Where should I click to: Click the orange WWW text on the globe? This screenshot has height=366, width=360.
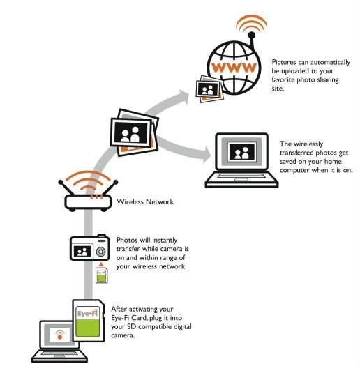click(234, 67)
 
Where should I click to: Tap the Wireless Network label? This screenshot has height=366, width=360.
click(145, 201)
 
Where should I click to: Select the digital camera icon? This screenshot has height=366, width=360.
click(90, 247)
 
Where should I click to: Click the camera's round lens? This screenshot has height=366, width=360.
click(100, 252)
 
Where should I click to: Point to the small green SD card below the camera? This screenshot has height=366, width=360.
click(102, 275)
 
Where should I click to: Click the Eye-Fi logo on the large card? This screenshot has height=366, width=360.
click(88, 313)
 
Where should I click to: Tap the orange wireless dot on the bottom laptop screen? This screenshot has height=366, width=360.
click(60, 337)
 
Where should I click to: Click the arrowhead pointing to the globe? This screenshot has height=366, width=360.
click(183, 96)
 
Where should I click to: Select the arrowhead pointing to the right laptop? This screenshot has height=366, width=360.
click(207, 155)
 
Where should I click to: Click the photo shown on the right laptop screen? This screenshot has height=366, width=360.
click(242, 152)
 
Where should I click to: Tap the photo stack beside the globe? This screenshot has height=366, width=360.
click(209, 89)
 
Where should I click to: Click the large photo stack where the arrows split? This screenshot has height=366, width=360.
click(135, 132)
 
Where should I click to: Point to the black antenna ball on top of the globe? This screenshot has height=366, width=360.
click(252, 36)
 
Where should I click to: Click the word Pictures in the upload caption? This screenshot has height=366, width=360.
click(284, 62)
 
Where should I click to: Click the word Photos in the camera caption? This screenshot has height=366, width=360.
click(126, 240)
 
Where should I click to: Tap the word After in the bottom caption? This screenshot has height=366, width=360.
click(119, 309)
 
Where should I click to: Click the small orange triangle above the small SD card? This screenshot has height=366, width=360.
click(101, 264)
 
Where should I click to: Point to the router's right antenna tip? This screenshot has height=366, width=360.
click(115, 182)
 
